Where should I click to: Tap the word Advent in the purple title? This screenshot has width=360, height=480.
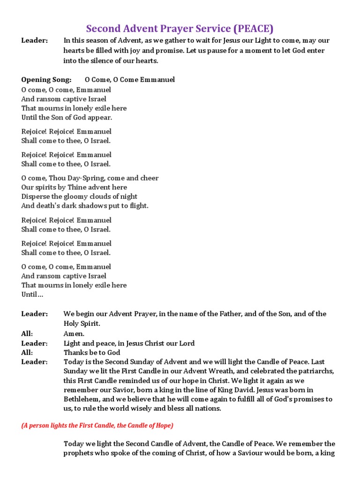tap(140, 28)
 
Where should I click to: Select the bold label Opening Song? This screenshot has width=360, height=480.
tap(46, 80)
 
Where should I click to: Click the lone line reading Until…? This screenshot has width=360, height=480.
tap(32, 294)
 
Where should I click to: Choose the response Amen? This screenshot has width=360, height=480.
tap(74, 334)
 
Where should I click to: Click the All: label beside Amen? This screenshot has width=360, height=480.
tap(27, 334)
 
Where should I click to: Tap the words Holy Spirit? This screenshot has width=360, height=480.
tap(82, 323)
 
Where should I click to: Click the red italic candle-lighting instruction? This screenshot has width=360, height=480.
tap(97, 426)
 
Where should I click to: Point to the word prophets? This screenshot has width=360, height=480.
tap(78, 453)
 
